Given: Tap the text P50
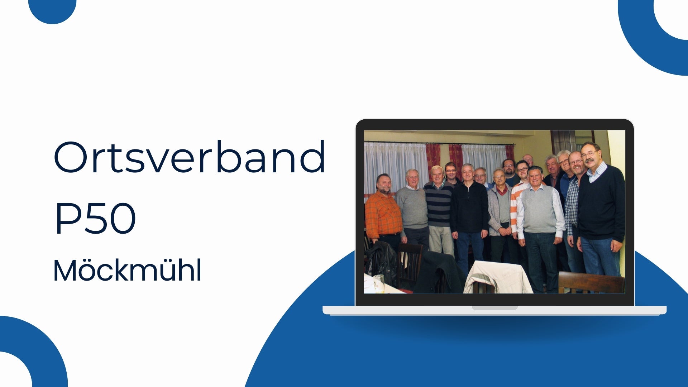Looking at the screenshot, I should [95, 218].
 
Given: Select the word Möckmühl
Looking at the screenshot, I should [127, 271].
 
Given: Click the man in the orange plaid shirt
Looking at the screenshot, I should [383, 213].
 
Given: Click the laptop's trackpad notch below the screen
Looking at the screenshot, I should [494, 308].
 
